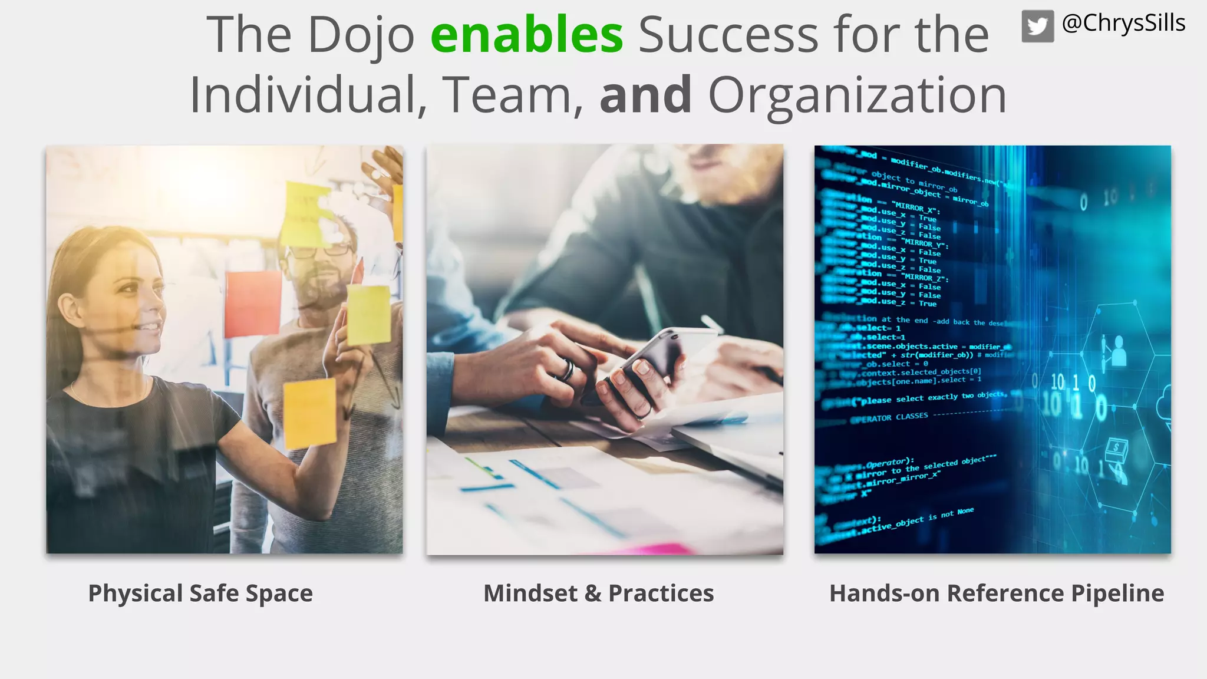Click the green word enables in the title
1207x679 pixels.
coord(526,35)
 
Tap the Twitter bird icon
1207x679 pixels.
coord(1037,27)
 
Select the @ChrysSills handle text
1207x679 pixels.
coord(1123,24)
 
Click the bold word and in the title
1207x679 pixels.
coord(645,95)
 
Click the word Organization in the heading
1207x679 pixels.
coord(857,96)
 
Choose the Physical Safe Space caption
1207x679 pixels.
coord(200,593)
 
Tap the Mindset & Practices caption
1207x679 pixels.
coord(598,593)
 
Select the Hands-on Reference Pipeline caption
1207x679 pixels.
coord(996,593)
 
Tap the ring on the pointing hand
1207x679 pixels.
coord(567,370)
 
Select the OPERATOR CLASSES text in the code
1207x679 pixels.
coord(889,417)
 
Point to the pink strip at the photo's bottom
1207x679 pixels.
coord(648,549)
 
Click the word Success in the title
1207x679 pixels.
coord(727,35)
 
